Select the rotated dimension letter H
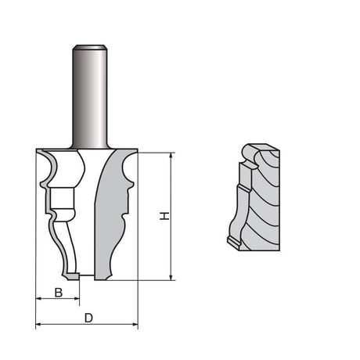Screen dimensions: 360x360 [x=164, y=215]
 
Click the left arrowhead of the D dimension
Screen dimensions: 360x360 [x=39, y=324]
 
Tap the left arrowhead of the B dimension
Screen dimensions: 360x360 [x=39, y=299]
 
